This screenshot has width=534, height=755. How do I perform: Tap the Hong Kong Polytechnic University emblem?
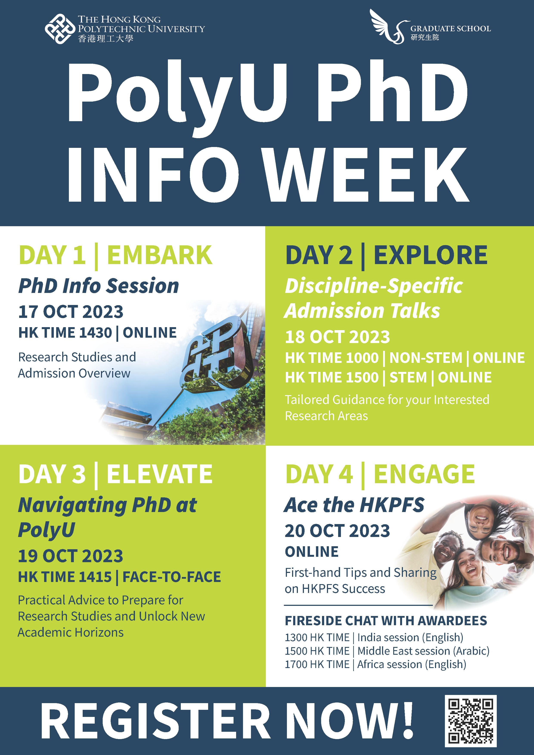point(60,29)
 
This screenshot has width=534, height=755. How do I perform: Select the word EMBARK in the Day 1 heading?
point(159,255)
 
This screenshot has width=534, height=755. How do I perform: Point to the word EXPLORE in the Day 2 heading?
point(430,255)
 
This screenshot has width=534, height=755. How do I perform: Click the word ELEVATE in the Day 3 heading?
point(159,474)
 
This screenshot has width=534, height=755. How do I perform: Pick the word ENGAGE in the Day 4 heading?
point(424,474)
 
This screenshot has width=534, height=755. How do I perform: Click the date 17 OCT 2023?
point(71,312)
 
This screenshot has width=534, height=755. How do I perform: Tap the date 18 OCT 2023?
point(337,337)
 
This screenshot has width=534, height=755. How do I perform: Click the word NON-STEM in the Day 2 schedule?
point(426,358)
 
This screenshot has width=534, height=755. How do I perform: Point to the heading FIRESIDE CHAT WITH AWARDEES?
point(386,621)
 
